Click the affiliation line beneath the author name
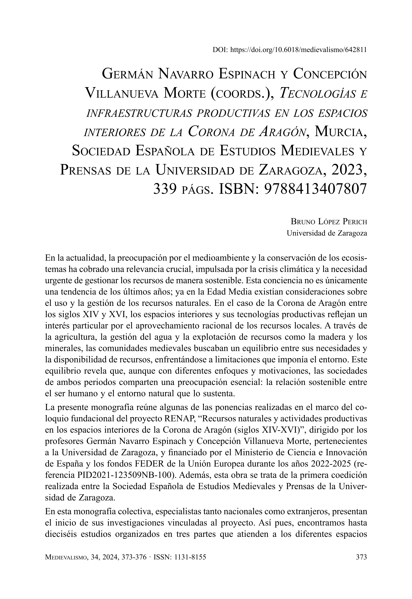click(327, 233)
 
